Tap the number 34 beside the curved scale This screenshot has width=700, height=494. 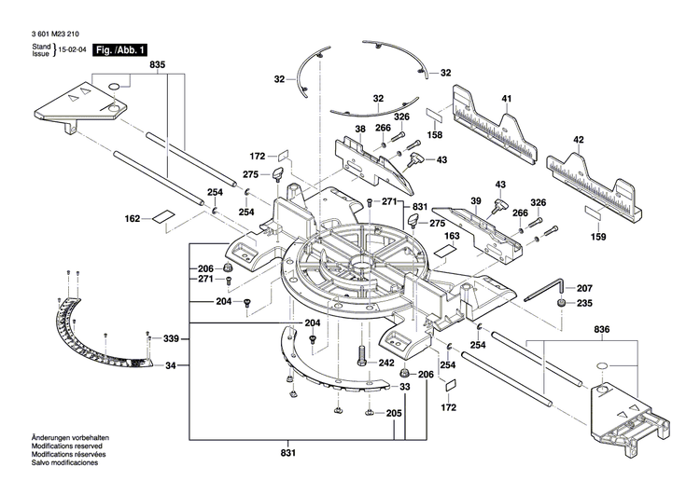[171, 365]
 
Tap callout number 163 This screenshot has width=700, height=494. [453, 238]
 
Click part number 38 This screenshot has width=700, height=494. [359, 129]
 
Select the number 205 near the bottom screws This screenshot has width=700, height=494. [395, 413]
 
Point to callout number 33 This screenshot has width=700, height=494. [404, 387]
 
